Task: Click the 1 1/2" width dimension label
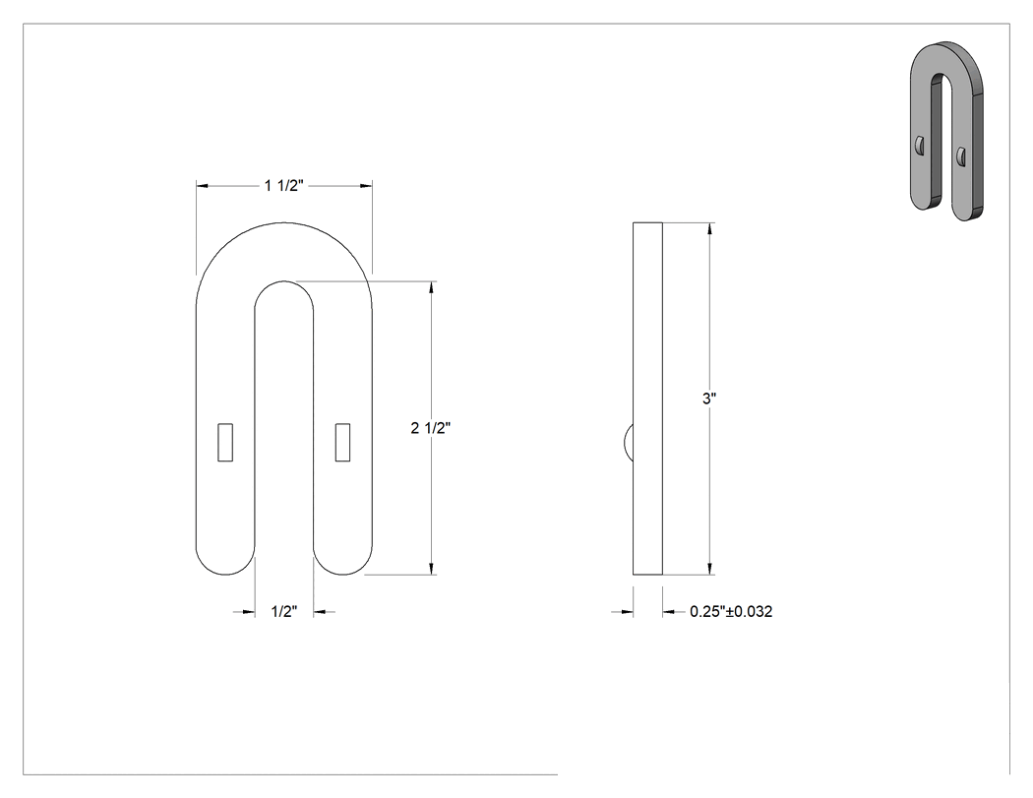click(x=284, y=186)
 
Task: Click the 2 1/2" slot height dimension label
click(x=431, y=428)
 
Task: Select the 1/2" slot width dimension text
click(x=284, y=612)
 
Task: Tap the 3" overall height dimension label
click(x=709, y=399)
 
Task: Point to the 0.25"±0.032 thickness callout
click(x=731, y=611)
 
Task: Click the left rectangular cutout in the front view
click(x=225, y=442)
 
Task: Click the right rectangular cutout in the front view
click(x=342, y=442)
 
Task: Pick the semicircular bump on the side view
click(x=628, y=442)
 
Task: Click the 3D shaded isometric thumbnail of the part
click(x=946, y=131)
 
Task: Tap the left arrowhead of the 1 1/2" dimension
click(x=203, y=186)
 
